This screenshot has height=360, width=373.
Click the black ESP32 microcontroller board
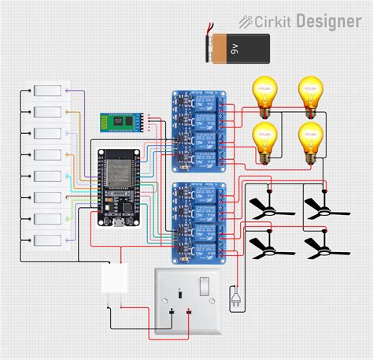point(116,187)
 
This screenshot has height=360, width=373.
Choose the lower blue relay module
point(198,221)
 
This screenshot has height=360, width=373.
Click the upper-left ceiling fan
point(268,207)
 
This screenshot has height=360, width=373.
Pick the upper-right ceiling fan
point(322,207)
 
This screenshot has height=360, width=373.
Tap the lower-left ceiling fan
point(268,247)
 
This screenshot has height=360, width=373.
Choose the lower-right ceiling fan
point(322,247)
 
